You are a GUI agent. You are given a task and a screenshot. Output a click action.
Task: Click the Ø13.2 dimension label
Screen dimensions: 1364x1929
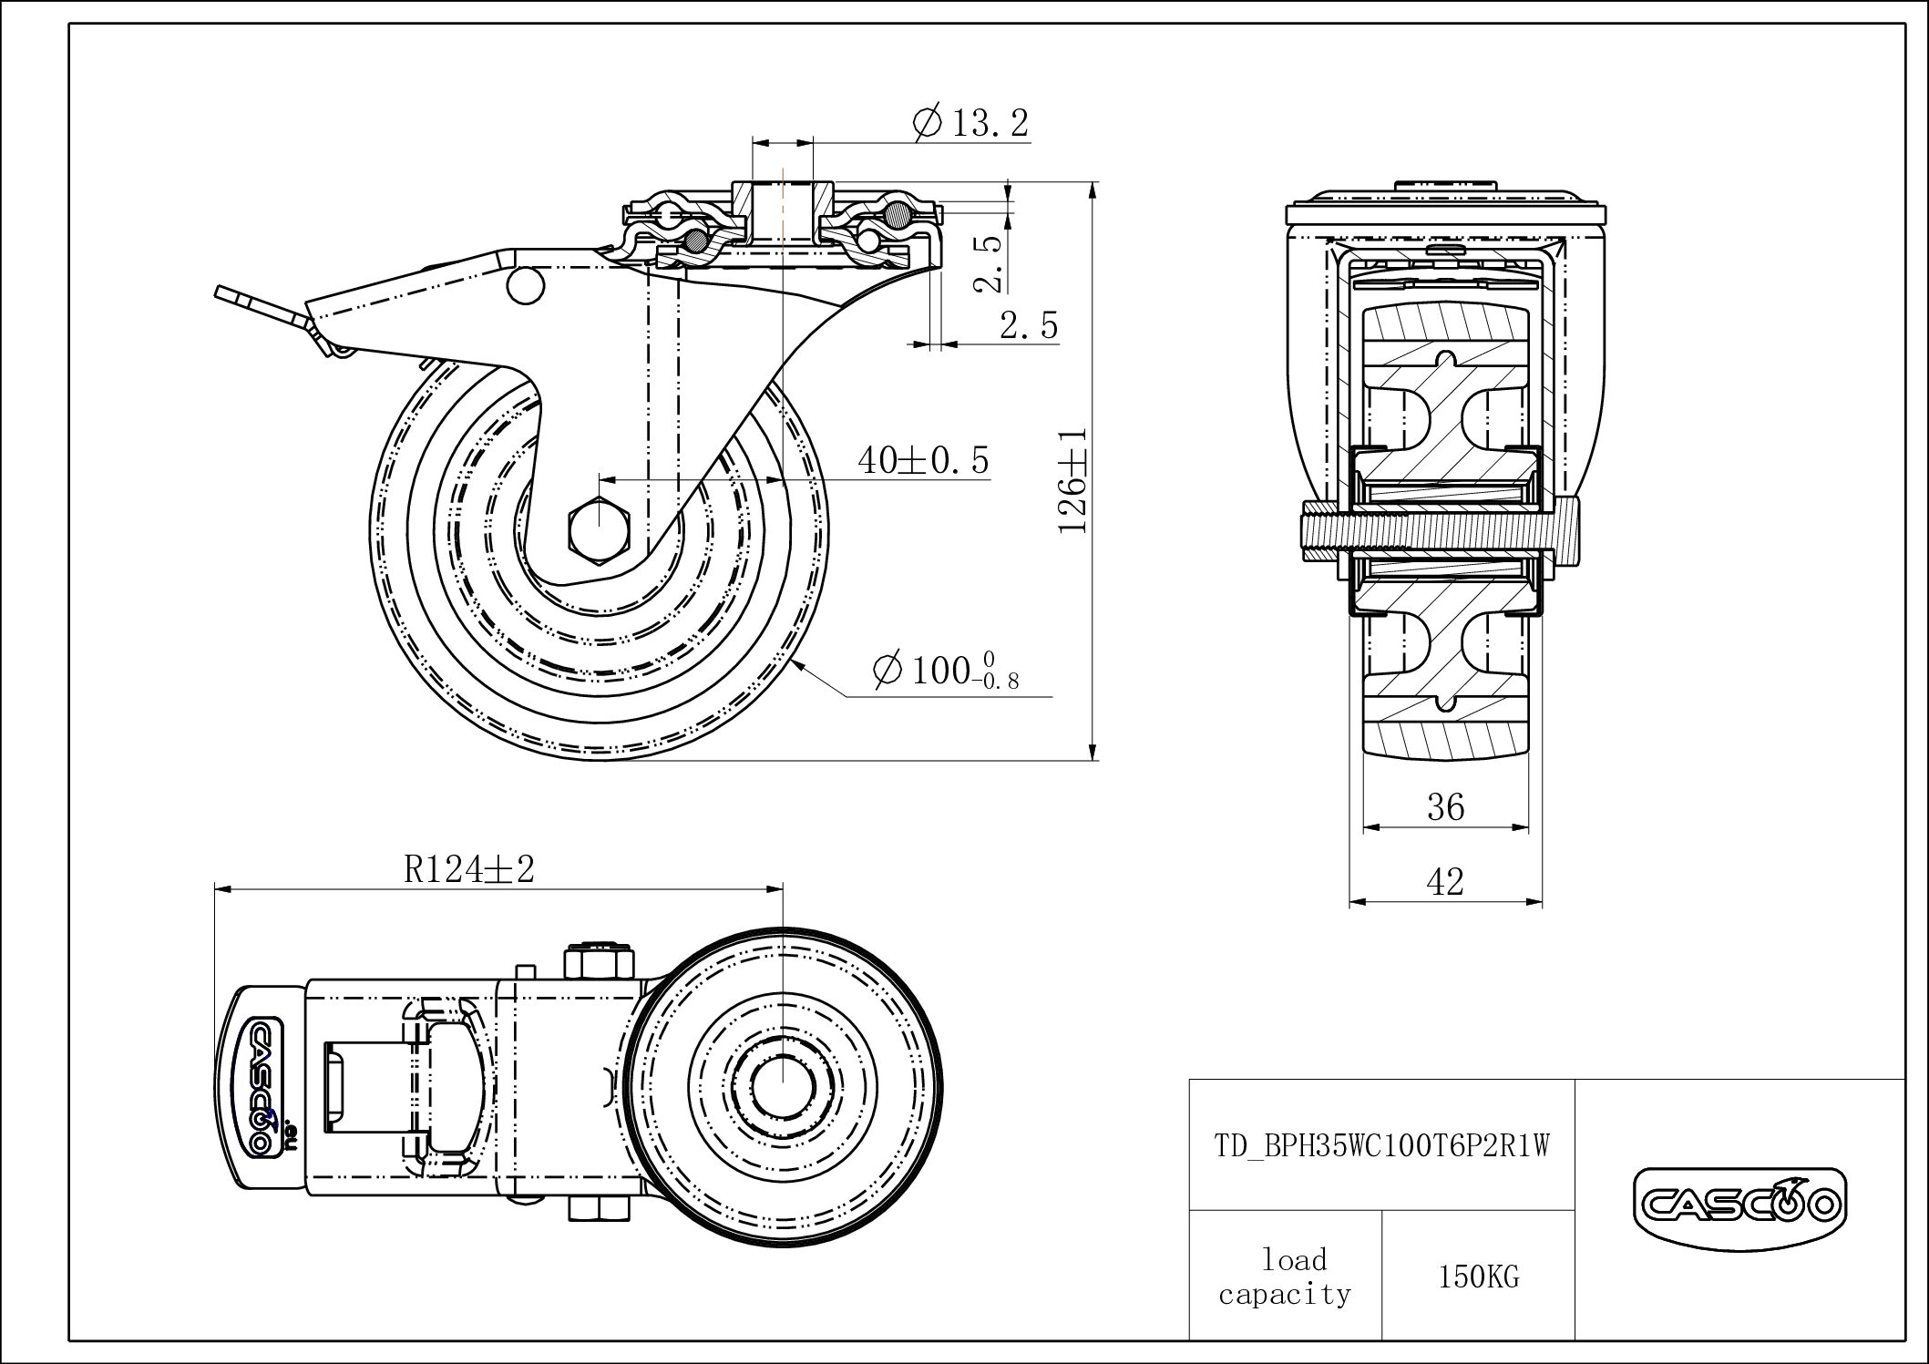(971, 122)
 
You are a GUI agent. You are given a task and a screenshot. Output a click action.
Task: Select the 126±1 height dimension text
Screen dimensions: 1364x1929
(1072, 480)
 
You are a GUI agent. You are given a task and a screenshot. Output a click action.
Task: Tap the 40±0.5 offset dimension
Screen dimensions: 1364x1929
(922, 460)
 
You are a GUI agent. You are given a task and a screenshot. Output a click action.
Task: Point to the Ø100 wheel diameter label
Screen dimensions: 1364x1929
(945, 672)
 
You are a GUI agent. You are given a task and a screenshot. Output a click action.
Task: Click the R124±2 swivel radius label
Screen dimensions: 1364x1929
(469, 869)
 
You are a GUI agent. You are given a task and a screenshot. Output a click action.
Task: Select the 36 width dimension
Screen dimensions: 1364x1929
(1445, 807)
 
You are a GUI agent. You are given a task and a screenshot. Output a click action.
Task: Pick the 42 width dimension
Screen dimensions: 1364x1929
(1445, 881)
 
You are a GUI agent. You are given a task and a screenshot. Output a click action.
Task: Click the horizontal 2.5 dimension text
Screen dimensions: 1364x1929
(1029, 325)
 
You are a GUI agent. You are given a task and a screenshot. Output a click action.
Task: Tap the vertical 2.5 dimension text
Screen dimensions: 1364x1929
(988, 264)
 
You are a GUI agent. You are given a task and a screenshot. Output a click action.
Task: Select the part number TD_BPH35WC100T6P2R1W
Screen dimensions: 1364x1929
(1381, 1145)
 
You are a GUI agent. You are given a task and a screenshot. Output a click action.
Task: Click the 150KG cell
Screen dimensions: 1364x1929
(1478, 1277)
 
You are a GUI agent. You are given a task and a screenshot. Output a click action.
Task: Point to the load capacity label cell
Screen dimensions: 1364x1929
(1285, 1277)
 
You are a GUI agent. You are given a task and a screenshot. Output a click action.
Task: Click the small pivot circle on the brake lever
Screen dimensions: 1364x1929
(525, 285)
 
